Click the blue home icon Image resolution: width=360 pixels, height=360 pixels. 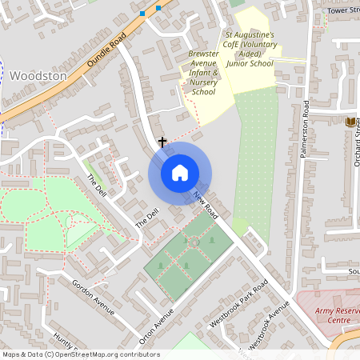(180, 173)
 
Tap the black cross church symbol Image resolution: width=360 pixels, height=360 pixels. (162, 142)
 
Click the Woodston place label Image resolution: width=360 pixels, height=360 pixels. (38, 74)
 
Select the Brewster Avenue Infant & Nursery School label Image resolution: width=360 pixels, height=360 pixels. (203, 73)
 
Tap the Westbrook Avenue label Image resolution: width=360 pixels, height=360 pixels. (266, 326)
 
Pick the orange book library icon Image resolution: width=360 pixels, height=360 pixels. (350, 122)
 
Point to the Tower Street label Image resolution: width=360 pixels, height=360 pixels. (344, 10)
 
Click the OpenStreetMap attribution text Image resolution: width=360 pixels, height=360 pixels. (81, 354)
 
